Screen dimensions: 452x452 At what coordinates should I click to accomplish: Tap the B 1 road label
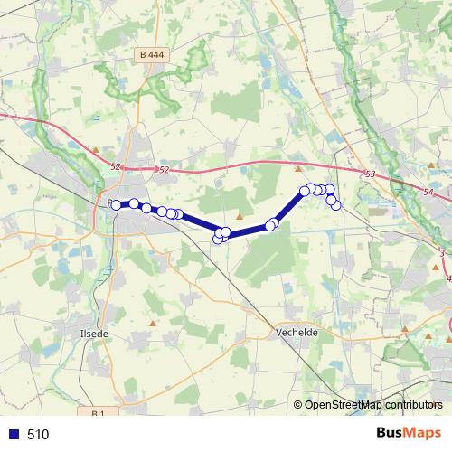click(99, 413)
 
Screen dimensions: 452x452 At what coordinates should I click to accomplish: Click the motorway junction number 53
click(370, 174)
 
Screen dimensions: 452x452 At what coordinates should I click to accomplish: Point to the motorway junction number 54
click(428, 193)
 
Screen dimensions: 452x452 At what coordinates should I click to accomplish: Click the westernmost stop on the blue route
click(116, 205)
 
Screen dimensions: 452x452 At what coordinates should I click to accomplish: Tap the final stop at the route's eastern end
click(336, 204)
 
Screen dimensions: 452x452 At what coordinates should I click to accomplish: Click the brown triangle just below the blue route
click(239, 216)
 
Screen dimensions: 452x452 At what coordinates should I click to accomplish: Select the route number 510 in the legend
click(38, 435)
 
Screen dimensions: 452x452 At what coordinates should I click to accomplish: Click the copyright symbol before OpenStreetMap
click(298, 405)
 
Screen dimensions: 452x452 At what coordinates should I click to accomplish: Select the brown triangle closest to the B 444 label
click(95, 146)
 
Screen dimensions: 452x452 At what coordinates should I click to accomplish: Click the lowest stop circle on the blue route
click(218, 239)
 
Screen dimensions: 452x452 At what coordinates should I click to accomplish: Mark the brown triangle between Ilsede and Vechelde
click(154, 322)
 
